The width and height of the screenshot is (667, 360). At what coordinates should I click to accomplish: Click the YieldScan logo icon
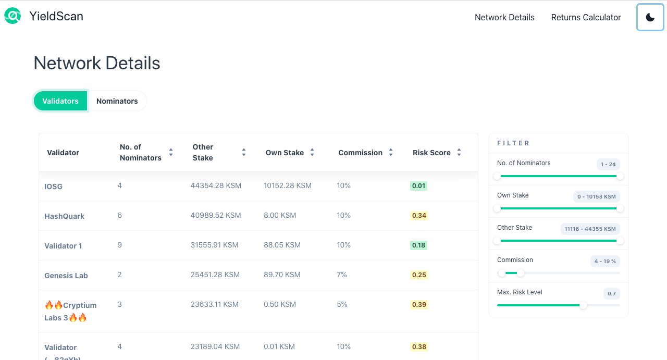click(13, 16)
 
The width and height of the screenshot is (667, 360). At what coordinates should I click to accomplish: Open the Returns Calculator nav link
click(586, 17)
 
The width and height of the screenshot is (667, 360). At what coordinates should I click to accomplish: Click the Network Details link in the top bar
click(504, 17)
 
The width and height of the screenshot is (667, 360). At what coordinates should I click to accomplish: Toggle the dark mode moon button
click(650, 17)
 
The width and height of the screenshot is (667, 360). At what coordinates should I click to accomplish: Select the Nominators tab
click(117, 101)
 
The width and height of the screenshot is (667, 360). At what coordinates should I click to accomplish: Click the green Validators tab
click(60, 101)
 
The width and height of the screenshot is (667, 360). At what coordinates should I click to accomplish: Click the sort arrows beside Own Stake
click(312, 153)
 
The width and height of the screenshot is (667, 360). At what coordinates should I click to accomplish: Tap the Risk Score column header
click(431, 153)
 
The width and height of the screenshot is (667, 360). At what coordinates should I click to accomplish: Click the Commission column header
click(360, 153)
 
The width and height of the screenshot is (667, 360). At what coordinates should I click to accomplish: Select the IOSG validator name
click(53, 186)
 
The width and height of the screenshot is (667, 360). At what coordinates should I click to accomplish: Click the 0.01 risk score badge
click(418, 186)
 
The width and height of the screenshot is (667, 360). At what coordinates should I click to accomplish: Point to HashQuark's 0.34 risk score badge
click(419, 216)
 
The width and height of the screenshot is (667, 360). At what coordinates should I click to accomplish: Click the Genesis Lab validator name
click(66, 275)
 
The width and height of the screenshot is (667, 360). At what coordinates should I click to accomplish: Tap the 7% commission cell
click(342, 275)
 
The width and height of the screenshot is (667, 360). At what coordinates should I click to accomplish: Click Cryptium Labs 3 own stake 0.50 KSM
click(280, 304)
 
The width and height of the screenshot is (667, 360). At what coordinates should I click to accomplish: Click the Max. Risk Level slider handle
click(583, 305)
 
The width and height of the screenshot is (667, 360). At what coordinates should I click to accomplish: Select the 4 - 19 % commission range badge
click(605, 262)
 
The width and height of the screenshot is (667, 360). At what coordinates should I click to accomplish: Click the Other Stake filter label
click(514, 228)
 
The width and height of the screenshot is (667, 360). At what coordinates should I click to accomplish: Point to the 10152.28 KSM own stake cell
click(288, 185)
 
